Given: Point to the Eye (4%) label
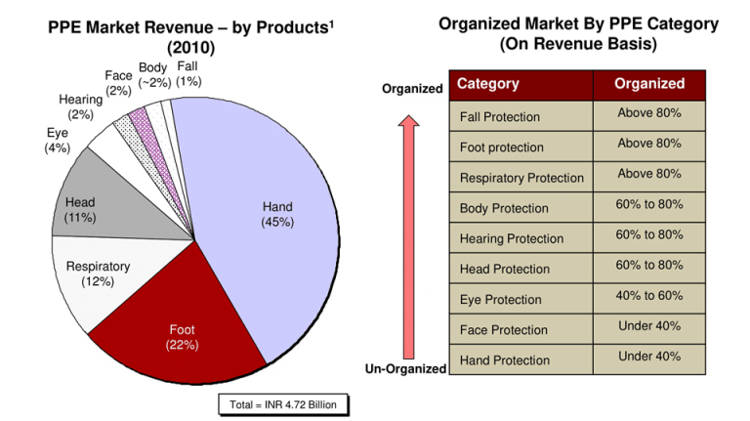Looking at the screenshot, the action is point(58,141).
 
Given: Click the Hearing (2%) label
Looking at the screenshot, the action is point(80,106).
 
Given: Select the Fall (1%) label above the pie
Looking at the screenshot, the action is point(188,73).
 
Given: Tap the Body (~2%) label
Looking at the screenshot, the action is point(154,75).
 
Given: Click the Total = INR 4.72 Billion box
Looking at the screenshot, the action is point(283,404).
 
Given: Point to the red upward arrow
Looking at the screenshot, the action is point(408,236).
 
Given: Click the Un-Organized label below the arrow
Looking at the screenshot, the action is point(405,369).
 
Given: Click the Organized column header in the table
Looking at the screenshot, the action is point(649,85).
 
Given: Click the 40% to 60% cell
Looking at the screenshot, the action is point(649,296).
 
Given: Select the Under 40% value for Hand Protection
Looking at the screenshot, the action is point(649,357).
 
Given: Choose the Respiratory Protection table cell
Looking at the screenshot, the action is point(521,178).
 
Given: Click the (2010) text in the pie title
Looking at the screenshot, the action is point(190,48).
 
